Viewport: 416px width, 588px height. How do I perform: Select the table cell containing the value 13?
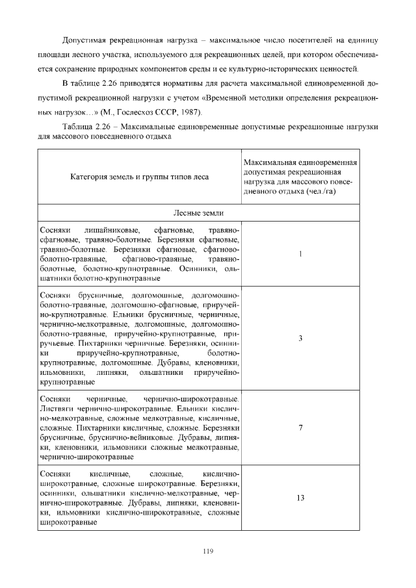301,498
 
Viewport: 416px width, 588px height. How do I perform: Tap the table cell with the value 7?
300,428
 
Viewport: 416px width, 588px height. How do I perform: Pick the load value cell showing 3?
300,339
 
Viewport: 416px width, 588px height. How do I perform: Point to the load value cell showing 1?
300,254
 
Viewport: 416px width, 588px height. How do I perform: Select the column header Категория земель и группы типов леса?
140,176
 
